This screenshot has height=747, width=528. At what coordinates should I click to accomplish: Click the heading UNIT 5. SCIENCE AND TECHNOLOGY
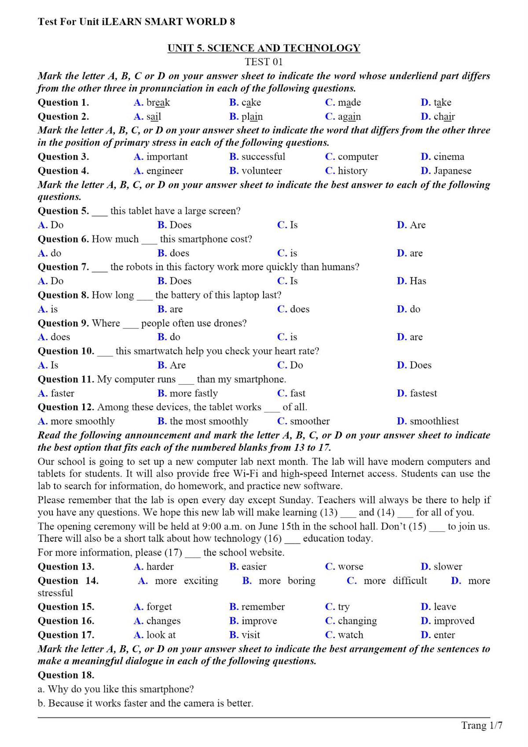pos(264,48)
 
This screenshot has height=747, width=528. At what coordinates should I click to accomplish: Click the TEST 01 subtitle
pos(264,62)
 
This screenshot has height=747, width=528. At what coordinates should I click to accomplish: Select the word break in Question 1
pos(158,103)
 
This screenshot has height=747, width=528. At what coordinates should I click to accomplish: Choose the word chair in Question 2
pos(444,117)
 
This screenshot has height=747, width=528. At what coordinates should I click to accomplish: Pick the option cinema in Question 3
pos(448,157)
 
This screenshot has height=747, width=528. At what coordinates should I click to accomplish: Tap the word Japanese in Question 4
pos(452,171)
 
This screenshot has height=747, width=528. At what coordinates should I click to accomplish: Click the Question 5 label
pos(63,211)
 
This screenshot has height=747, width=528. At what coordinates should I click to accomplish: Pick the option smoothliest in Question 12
pos(434,421)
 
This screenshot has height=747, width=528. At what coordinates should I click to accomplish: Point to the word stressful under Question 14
pos(55,593)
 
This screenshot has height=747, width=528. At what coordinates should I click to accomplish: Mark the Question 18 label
pos(66,675)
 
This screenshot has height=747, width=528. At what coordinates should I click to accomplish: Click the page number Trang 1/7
pos(481,725)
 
